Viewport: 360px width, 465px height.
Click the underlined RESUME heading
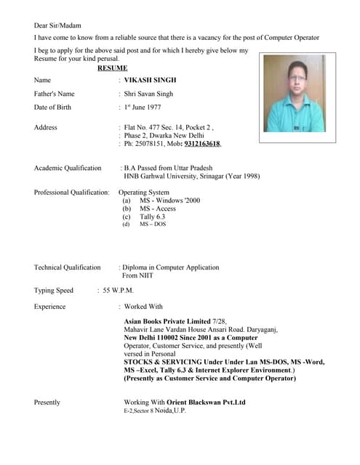[112, 68]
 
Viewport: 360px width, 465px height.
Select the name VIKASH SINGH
[150, 80]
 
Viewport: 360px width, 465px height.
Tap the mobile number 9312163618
[202, 144]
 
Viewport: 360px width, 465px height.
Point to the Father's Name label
[54, 94]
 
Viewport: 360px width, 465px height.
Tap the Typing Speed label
[53, 291]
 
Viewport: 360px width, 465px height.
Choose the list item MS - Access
[158, 209]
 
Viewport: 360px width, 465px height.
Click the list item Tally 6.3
[153, 217]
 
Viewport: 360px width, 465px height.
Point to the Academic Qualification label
[68, 168]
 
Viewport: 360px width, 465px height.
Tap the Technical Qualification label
[67, 267]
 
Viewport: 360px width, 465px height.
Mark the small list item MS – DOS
[153, 225]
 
